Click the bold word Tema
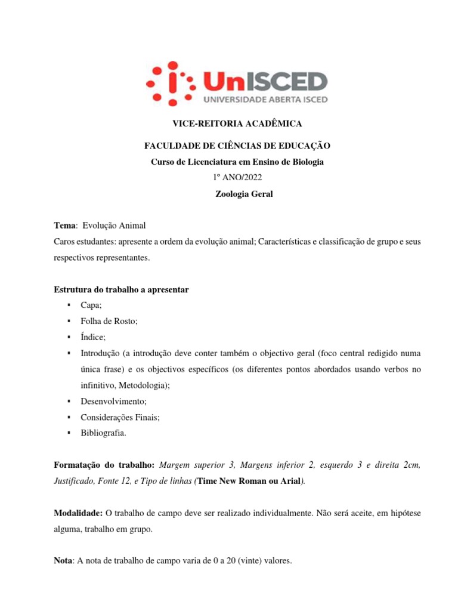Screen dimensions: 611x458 64,225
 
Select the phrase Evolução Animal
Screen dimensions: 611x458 114,225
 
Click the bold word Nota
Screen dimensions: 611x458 63,561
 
